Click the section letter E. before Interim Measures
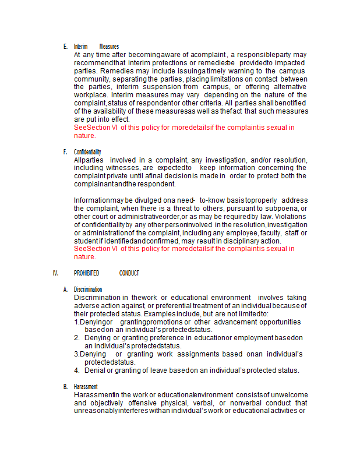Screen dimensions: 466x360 click(65, 47)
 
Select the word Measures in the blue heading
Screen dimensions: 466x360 click(109, 47)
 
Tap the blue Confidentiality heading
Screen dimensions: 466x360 click(87, 152)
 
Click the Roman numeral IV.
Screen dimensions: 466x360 click(56, 273)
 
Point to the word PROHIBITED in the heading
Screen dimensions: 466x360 click(86, 273)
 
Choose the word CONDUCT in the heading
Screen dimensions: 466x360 click(129, 273)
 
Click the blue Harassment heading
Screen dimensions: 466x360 click(86, 387)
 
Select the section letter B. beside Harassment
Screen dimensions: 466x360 click(65, 387)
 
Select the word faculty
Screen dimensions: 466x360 click(270, 233)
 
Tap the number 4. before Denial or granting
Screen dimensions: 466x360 click(77, 370)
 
